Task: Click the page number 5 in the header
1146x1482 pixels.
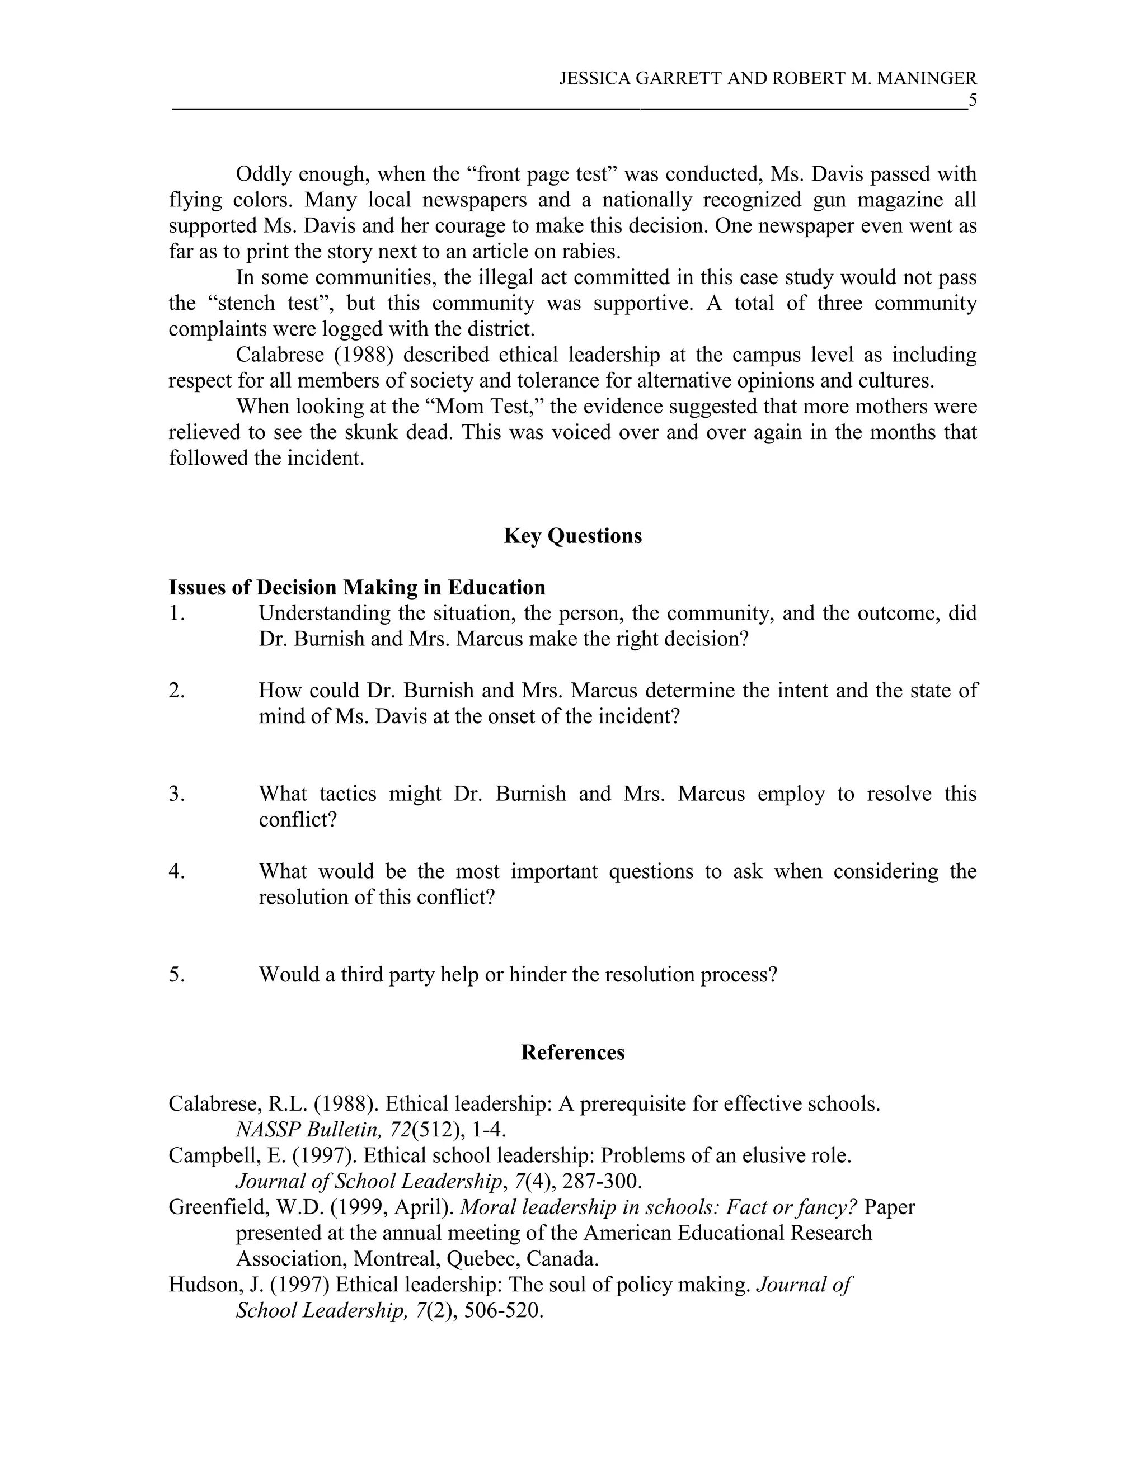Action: click(972, 101)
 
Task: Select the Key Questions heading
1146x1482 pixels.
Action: click(572, 536)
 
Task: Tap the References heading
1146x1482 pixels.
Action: click(572, 1052)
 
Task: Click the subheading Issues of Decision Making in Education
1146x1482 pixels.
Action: click(357, 587)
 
